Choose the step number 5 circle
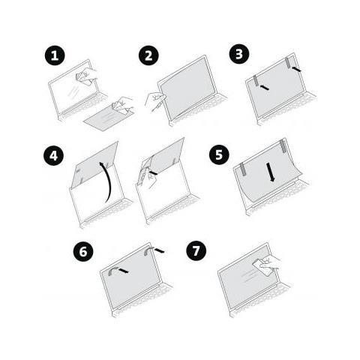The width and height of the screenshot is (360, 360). pos(217,155)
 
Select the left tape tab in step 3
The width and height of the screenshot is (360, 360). pos(259,82)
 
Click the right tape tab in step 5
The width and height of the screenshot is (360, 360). pos(283,144)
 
